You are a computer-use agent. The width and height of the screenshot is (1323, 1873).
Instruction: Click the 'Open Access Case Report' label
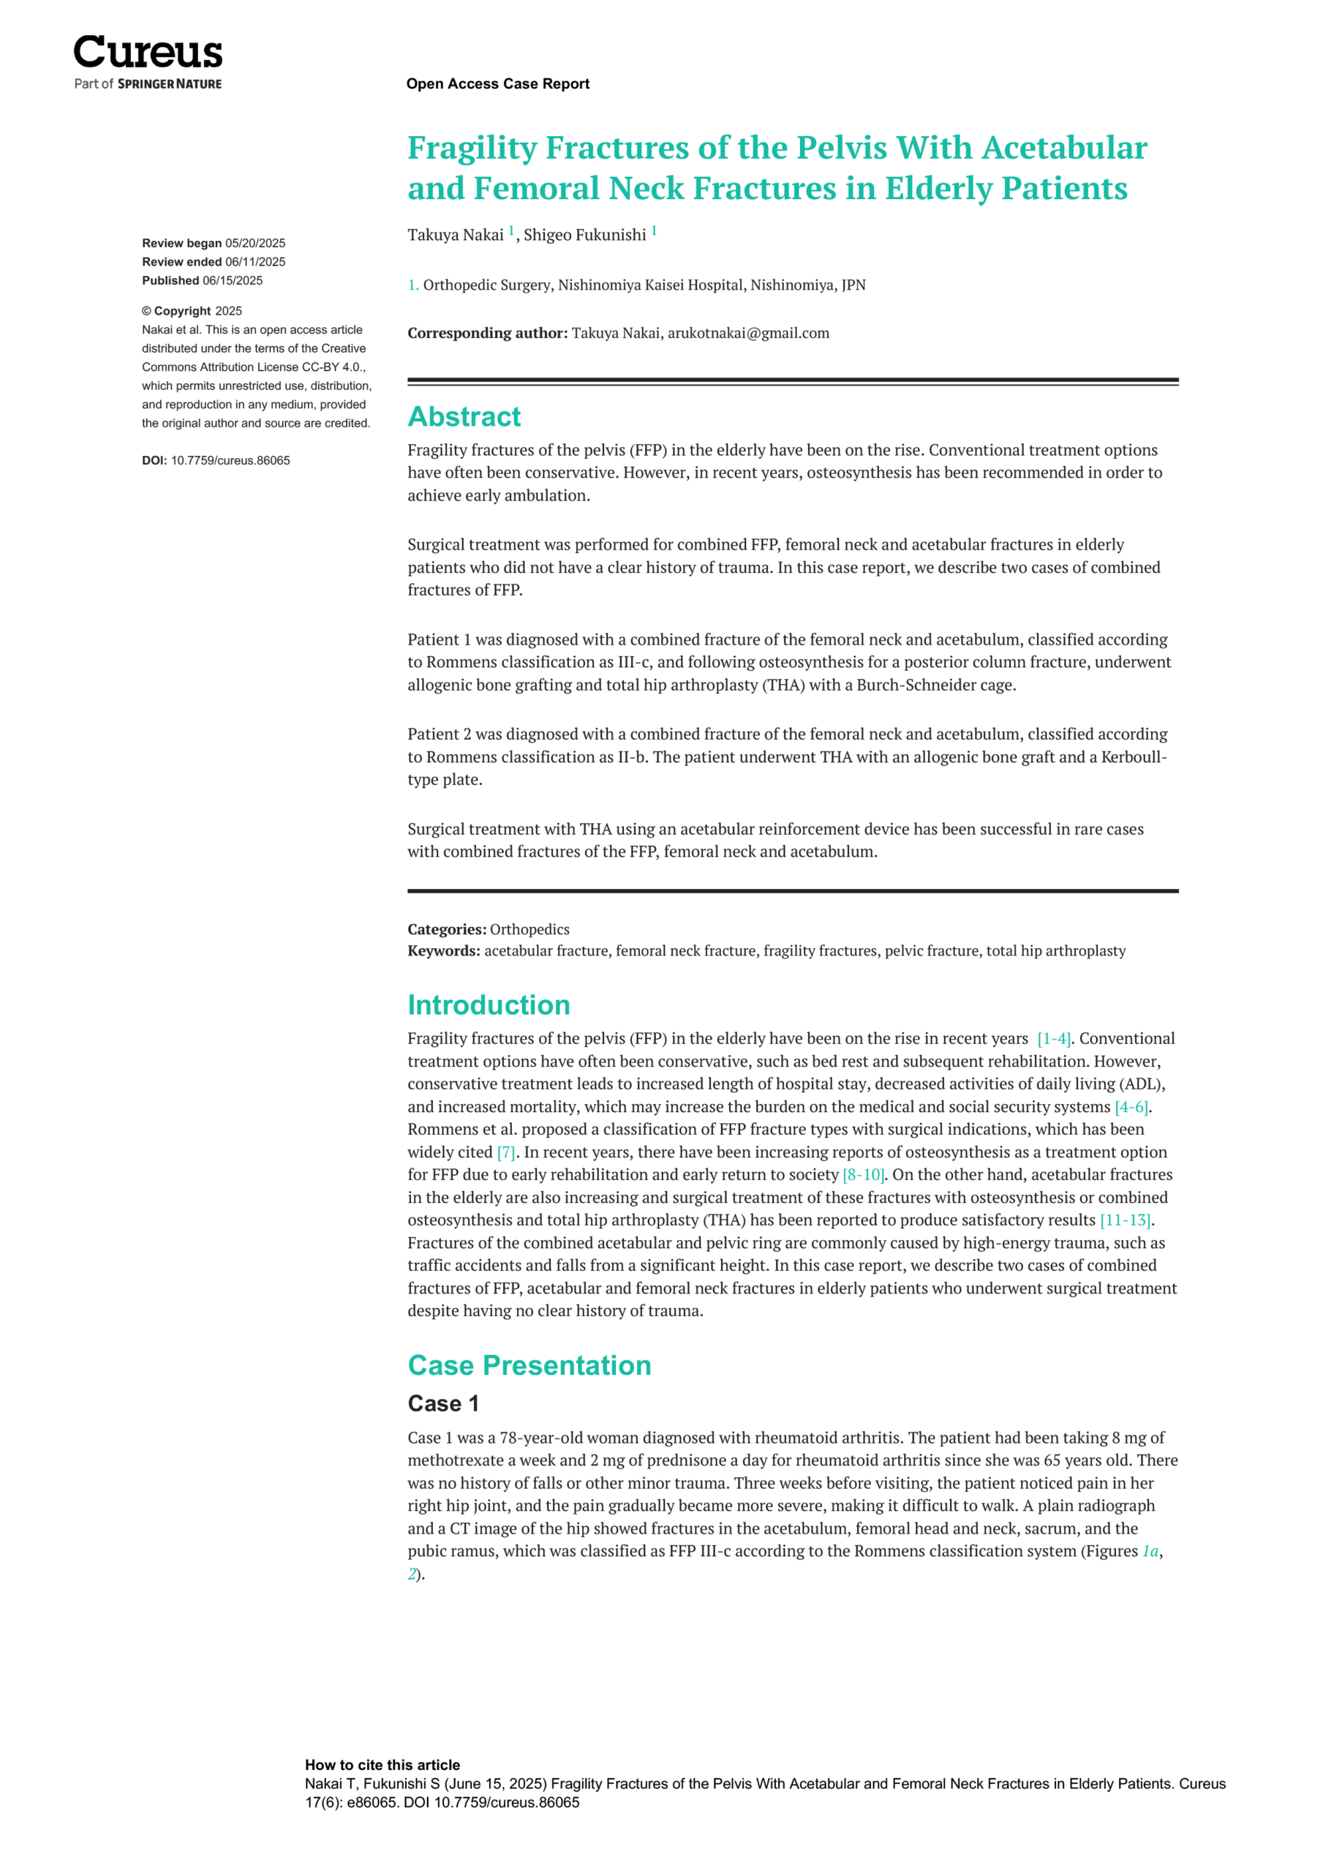point(497,83)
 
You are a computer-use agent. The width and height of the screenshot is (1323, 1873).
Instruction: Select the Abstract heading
point(464,416)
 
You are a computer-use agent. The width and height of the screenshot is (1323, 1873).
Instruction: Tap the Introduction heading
point(489,1005)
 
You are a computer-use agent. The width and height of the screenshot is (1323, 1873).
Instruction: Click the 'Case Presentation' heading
point(529,1365)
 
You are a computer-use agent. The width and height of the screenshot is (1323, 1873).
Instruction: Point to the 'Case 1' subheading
point(444,1403)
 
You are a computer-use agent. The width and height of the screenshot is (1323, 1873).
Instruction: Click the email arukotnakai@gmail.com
point(748,333)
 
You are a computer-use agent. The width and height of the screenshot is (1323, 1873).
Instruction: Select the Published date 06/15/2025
point(233,281)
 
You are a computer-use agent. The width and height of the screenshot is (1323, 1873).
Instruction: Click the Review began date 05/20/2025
point(255,243)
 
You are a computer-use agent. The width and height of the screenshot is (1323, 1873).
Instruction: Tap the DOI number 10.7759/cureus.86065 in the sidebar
point(230,460)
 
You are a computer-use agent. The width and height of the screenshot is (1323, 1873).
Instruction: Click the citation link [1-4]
point(1053,1038)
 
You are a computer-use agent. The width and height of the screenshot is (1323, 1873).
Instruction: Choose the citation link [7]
point(505,1152)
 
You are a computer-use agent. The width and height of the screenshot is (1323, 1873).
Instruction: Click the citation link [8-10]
point(863,1175)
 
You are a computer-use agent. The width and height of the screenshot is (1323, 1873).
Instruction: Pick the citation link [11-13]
point(1126,1220)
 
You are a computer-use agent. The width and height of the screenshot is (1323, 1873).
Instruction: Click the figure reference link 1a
point(1149,1551)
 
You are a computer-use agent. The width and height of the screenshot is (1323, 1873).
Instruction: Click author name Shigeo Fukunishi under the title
point(584,235)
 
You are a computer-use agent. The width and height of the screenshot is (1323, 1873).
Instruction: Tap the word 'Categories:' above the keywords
point(447,929)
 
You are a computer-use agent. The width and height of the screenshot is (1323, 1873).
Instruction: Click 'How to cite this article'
point(382,1765)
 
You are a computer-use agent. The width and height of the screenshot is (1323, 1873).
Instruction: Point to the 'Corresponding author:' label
point(488,333)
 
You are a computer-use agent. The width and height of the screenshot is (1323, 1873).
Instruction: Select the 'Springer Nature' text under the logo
point(170,84)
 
